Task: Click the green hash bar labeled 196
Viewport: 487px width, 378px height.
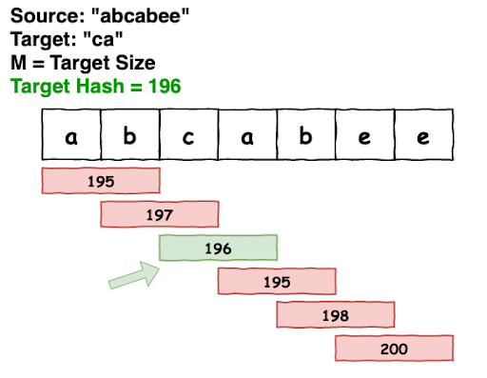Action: click(218, 248)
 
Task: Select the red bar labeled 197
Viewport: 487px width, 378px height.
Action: click(160, 214)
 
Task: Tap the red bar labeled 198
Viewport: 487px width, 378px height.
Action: click(335, 315)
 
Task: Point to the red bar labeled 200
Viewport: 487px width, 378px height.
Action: click(393, 348)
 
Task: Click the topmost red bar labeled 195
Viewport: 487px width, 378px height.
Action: click(101, 180)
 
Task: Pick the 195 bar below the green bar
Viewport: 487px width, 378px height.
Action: click(277, 281)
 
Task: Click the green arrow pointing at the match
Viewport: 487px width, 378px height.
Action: click(133, 275)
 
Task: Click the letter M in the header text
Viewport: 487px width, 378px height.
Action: click(18, 63)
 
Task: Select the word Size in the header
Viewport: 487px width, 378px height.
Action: click(135, 63)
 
